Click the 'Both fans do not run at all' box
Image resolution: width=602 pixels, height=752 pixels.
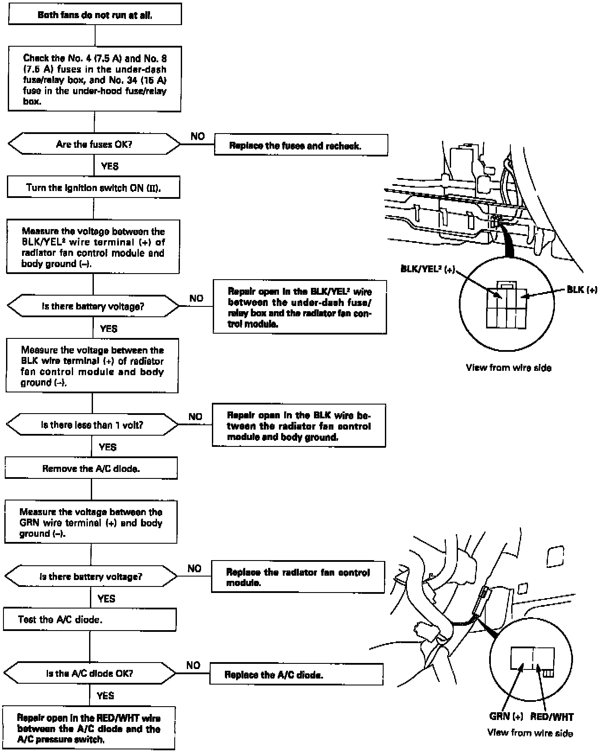(x=95, y=15)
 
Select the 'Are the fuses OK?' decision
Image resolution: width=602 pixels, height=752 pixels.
(x=94, y=144)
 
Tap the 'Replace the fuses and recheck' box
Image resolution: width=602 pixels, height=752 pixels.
(x=301, y=146)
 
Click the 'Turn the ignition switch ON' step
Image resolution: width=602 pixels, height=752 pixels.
(x=93, y=188)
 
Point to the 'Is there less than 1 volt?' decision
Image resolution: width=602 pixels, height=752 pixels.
(x=92, y=425)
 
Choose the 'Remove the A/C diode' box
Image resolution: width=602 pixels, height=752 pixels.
(x=91, y=469)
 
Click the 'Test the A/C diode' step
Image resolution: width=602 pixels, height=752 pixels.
(x=90, y=620)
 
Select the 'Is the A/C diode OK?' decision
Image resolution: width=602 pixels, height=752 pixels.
(x=90, y=673)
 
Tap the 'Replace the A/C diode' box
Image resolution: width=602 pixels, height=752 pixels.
(x=296, y=675)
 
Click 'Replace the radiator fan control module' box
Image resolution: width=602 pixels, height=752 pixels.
(x=298, y=577)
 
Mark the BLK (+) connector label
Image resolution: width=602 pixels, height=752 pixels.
(x=582, y=290)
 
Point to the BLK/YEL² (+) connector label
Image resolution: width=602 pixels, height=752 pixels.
(x=428, y=269)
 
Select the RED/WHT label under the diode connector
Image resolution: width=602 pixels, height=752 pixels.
(x=552, y=717)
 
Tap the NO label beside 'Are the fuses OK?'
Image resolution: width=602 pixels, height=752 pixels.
(x=198, y=136)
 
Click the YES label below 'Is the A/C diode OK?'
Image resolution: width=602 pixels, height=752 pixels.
(x=105, y=695)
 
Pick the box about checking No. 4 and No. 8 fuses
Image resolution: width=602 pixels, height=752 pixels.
(x=95, y=80)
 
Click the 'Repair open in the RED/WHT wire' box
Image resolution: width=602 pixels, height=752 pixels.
(x=89, y=729)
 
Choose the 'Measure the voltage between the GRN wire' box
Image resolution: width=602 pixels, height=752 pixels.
(x=91, y=523)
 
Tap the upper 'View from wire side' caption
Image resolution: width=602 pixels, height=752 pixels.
(x=509, y=368)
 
